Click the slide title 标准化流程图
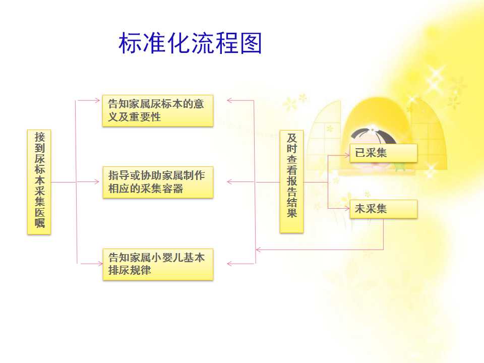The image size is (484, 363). click(x=190, y=43)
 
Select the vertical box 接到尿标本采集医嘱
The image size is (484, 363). click(x=39, y=182)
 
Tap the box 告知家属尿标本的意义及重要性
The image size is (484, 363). click(x=158, y=110)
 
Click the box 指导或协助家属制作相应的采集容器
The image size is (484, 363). click(x=158, y=182)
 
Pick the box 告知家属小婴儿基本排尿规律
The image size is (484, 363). click(x=158, y=264)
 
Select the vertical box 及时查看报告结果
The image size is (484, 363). click(x=291, y=181)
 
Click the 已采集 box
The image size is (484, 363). click(x=383, y=153)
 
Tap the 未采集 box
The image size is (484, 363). click(x=383, y=209)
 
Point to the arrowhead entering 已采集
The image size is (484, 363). click(x=347, y=155)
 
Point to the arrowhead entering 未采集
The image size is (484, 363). click(x=347, y=208)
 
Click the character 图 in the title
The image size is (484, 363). click(x=251, y=43)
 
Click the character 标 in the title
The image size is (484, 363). click(x=130, y=43)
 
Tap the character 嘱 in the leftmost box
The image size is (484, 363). click(x=39, y=222)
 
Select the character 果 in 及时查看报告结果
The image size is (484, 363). click(x=292, y=213)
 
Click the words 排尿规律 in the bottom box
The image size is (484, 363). click(x=130, y=270)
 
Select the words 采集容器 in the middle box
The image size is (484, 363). click(x=162, y=188)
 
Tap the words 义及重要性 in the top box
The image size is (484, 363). click(x=135, y=116)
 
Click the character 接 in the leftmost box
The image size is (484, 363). click(x=39, y=137)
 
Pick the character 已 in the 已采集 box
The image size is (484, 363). click(x=360, y=153)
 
